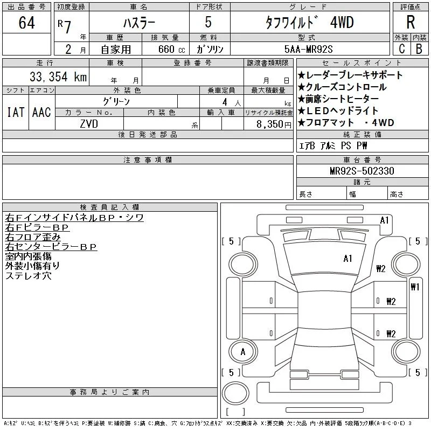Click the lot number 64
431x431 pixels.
pos(26,23)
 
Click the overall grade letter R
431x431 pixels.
pos(411,22)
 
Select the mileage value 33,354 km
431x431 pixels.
pos(58,77)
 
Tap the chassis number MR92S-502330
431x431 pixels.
pos(362,171)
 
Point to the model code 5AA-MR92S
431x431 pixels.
pos(308,49)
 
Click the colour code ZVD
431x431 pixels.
pos(89,124)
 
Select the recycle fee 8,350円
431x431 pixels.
pos(274,124)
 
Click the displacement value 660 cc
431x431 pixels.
pos(172,49)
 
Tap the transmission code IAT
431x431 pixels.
pos(16,112)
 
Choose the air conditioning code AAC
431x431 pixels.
pos(41,112)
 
